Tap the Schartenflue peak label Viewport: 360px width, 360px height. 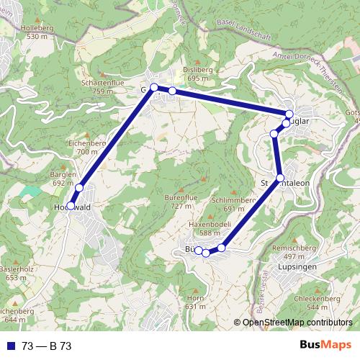(102, 84)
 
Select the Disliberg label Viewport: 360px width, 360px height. (197, 70)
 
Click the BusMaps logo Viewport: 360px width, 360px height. (326, 346)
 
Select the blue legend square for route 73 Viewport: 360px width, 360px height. (11, 347)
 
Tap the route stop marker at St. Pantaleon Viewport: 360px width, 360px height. (280, 177)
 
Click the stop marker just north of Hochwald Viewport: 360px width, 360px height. (79, 188)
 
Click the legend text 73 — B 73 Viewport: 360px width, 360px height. (46, 347)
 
